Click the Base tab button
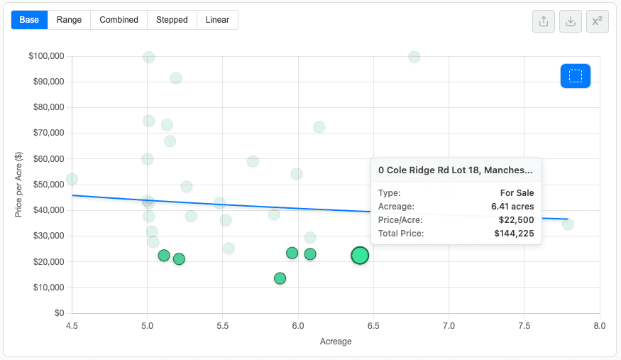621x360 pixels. pyautogui.click(x=29, y=20)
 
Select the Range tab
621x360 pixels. pyautogui.click(x=69, y=20)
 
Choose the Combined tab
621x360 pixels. pyautogui.click(x=119, y=20)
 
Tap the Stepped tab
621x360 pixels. pyautogui.click(x=172, y=20)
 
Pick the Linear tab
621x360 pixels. pyautogui.click(x=217, y=20)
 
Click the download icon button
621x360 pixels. pyautogui.click(x=571, y=21)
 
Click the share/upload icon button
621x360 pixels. pyautogui.click(x=544, y=21)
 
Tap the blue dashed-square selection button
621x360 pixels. pyautogui.click(x=576, y=76)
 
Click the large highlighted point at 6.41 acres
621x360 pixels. pyautogui.click(x=360, y=256)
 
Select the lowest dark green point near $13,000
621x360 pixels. pyautogui.click(x=280, y=278)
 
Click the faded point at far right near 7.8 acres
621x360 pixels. pyautogui.click(x=568, y=224)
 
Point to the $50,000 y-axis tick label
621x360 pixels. pyautogui.click(x=49, y=185)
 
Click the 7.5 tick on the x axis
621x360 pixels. pyautogui.click(x=524, y=325)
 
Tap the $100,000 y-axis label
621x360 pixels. pyautogui.click(x=46, y=56)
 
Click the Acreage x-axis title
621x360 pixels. pyautogui.click(x=336, y=342)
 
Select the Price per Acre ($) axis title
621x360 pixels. pyautogui.click(x=18, y=185)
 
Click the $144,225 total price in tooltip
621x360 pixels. pyautogui.click(x=514, y=234)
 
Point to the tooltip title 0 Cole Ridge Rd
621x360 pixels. pyautogui.click(x=456, y=170)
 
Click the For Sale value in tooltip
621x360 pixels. pyautogui.click(x=517, y=193)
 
